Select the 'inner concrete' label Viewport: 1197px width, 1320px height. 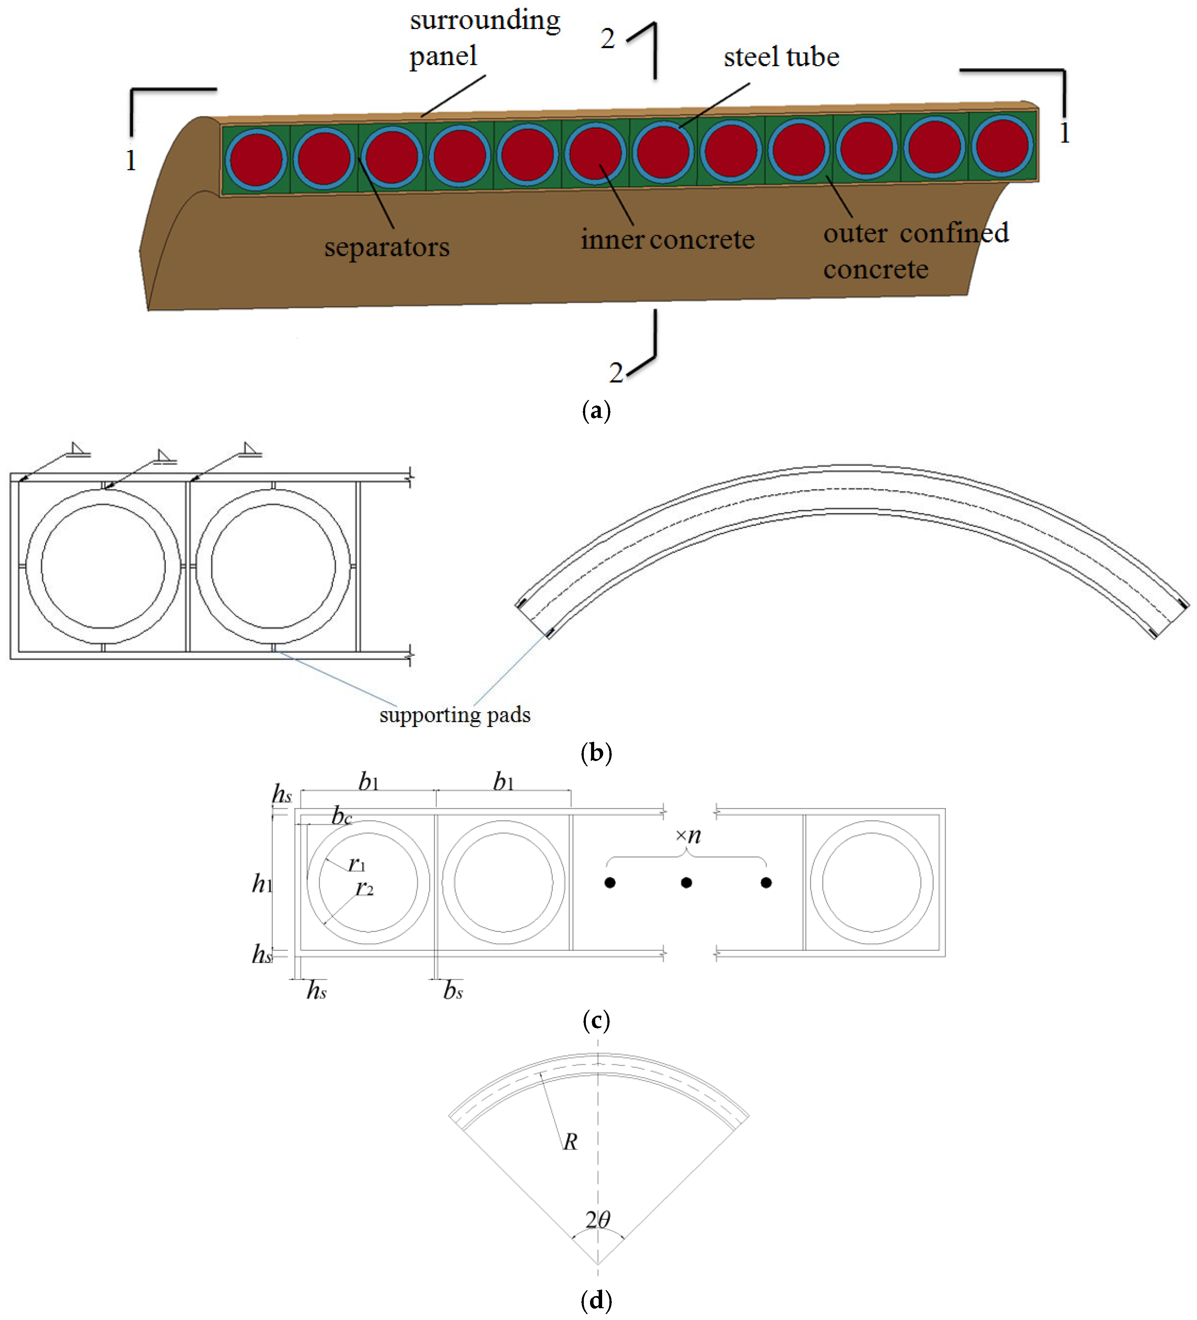pos(667,240)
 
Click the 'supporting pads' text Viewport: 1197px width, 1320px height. pos(455,714)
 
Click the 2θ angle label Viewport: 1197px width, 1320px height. pos(598,1219)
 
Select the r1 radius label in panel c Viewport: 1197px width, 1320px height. pos(357,864)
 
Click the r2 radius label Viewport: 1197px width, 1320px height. pos(364,889)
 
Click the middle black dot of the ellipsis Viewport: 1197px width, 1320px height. pos(686,883)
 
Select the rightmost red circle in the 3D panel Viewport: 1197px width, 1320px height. pos(1001,146)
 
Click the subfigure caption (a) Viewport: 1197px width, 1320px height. pos(596,411)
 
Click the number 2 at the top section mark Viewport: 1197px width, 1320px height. pos(607,39)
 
